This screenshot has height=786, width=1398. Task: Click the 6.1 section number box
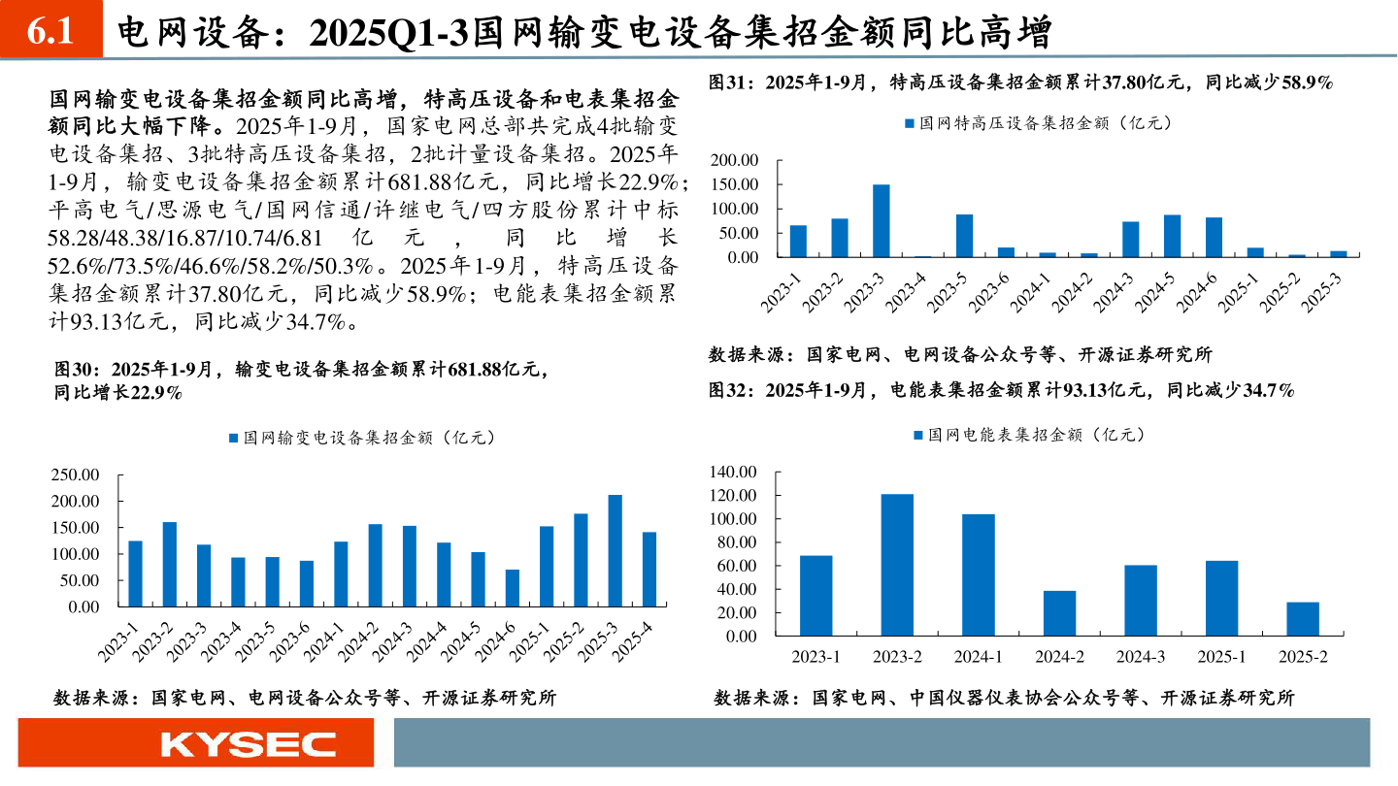[50, 32]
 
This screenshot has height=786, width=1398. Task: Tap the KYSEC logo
[249, 744]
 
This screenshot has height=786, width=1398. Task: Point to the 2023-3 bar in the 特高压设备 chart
[881, 220]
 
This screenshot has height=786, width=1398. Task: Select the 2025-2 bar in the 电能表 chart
[1303, 619]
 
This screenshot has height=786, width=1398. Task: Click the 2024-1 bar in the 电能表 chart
[979, 574]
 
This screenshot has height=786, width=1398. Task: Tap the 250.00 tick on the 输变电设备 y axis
[74, 475]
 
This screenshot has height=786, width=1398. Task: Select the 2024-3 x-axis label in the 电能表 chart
[1141, 657]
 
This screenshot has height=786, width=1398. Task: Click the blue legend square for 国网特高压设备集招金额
[909, 124]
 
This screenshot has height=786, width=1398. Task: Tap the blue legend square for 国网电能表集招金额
[918, 436]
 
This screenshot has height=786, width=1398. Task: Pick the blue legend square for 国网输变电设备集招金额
[233, 439]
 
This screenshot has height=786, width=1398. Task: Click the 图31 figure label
[729, 83]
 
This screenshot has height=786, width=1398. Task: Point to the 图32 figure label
[729, 390]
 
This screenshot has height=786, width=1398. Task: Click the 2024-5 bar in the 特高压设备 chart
[1172, 236]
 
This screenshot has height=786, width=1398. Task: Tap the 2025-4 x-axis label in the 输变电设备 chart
[636, 642]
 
